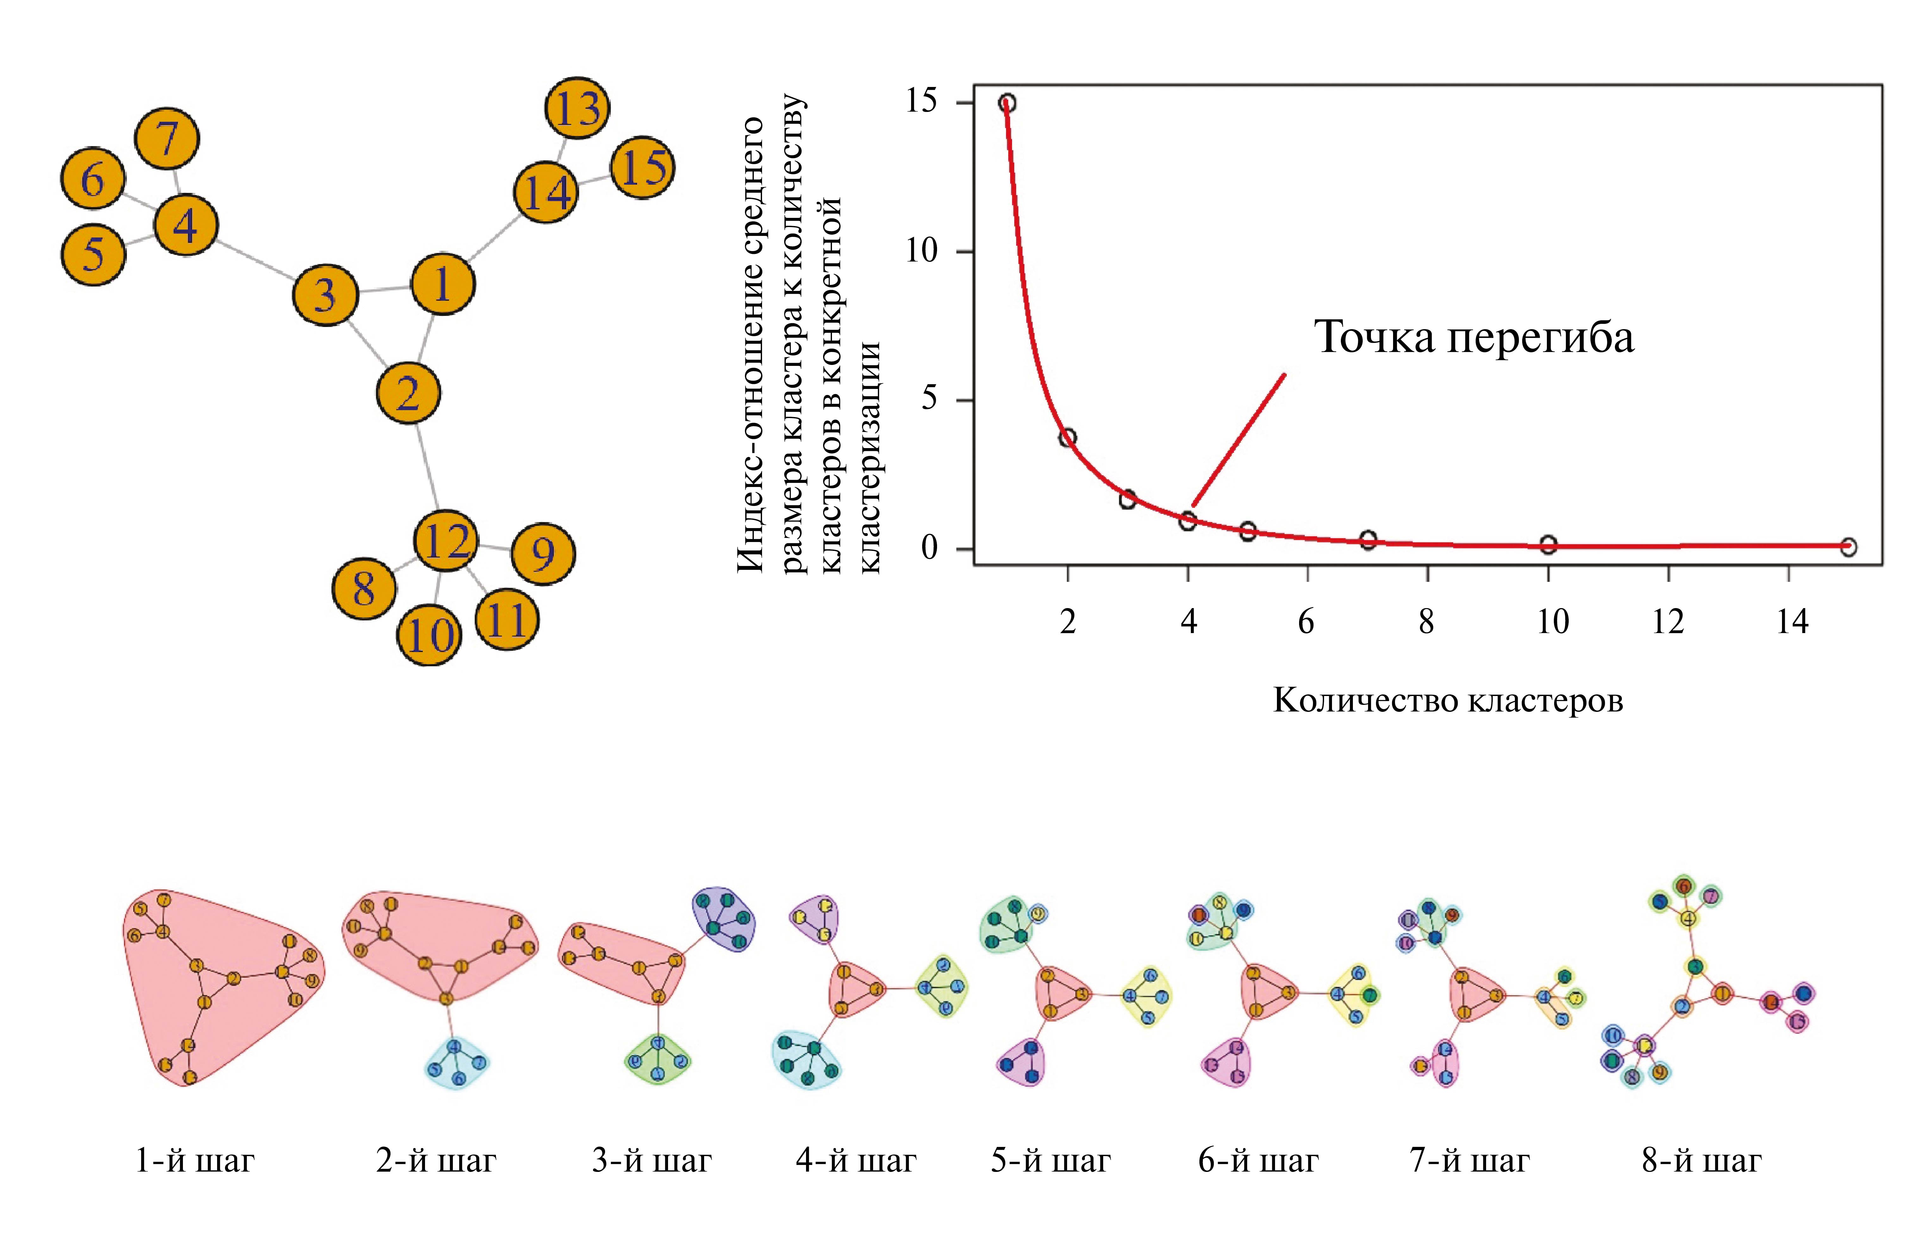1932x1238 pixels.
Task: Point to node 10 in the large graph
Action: click(x=429, y=635)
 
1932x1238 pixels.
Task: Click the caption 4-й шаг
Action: click(x=856, y=1161)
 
